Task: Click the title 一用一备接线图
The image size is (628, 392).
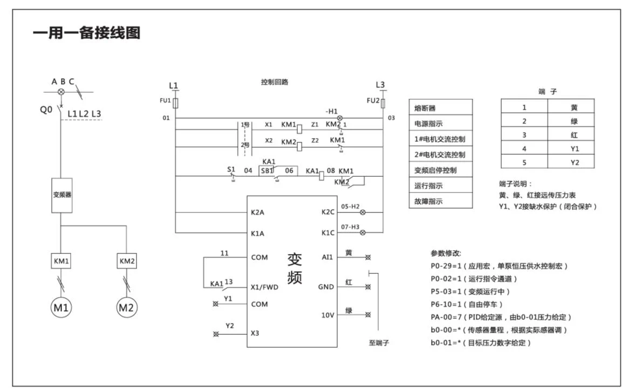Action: pyautogui.click(x=86, y=33)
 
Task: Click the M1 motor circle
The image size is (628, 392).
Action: pyautogui.click(x=62, y=308)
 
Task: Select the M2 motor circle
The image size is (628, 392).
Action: pyautogui.click(x=127, y=308)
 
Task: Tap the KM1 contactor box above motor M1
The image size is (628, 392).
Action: pyautogui.click(x=62, y=262)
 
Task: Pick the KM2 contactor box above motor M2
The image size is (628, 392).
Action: pyautogui.click(x=127, y=262)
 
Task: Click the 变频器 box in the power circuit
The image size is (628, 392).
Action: pyautogui.click(x=62, y=195)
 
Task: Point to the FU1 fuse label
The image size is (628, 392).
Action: pyautogui.click(x=166, y=100)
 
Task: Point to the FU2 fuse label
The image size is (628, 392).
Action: pyautogui.click(x=373, y=100)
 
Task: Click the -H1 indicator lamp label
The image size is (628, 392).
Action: pyautogui.click(x=331, y=111)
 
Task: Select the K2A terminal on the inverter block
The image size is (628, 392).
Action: pyautogui.click(x=258, y=212)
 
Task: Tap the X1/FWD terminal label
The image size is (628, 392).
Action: pyautogui.click(x=264, y=287)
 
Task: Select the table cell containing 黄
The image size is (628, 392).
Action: pyautogui.click(x=574, y=107)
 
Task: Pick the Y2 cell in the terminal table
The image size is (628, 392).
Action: pyautogui.click(x=574, y=162)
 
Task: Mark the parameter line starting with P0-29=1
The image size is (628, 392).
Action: pyautogui.click(x=499, y=266)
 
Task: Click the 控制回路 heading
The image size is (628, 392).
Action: pyautogui.click(x=275, y=82)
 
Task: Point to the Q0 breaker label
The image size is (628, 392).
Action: pyautogui.click(x=46, y=109)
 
